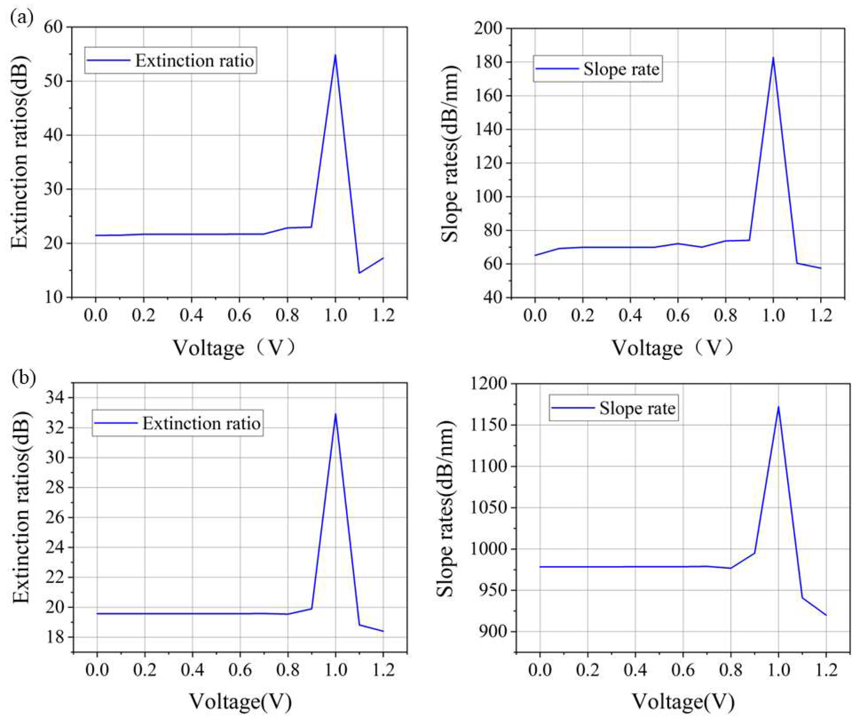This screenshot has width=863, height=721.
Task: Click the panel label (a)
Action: point(21,18)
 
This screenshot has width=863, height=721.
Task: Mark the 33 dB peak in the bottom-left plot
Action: point(335,414)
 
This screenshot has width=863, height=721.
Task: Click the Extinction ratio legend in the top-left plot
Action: point(171,60)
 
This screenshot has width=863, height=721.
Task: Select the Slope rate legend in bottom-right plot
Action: point(614,408)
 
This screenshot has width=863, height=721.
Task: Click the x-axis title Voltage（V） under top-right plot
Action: point(673,348)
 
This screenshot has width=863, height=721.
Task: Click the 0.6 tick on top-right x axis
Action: point(678,316)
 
